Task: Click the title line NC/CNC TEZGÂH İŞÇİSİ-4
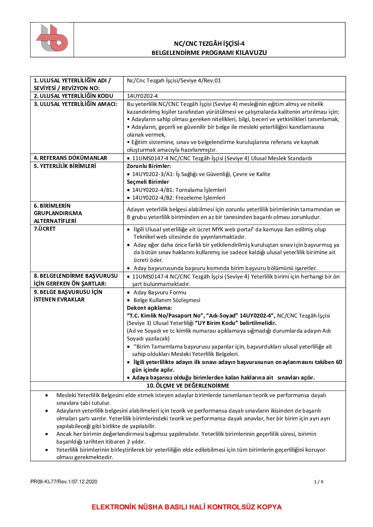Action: coord(209,44)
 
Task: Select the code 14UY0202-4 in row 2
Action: coord(142,96)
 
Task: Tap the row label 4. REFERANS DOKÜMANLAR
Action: coord(70,158)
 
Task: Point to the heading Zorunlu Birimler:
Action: coord(149,166)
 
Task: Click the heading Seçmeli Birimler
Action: coord(148,182)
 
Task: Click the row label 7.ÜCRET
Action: coord(44,229)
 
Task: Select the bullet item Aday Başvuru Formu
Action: coord(160,293)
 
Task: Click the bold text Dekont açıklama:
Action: coord(149,308)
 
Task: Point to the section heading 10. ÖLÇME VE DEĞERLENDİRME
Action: coord(188,386)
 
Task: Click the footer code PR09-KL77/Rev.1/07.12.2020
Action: coord(64,482)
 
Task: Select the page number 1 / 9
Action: coord(318,482)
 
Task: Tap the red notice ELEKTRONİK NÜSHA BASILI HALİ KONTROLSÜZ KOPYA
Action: coord(186,507)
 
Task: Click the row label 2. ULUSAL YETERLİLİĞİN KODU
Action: coord(73,96)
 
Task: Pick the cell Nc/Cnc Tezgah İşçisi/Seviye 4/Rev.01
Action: coord(174,81)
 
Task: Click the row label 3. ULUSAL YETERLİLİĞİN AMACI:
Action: coord(75,104)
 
